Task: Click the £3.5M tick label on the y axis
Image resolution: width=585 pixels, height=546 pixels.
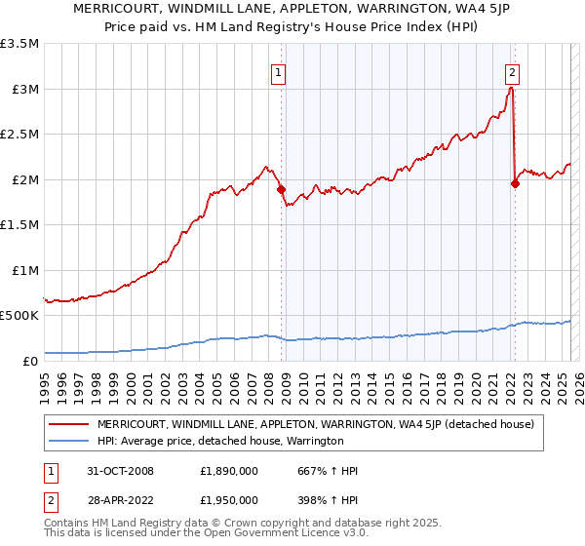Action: [x=19, y=44]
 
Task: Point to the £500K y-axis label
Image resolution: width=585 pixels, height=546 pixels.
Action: [x=19, y=316]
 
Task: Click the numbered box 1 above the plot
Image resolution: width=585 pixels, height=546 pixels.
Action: [x=279, y=71]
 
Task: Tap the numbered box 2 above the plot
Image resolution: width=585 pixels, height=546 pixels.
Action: [x=512, y=71]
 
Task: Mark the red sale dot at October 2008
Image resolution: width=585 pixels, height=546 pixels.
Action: [x=281, y=189]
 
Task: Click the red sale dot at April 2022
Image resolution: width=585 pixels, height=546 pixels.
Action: [x=515, y=184]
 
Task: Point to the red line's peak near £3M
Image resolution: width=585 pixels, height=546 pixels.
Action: [x=511, y=89]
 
